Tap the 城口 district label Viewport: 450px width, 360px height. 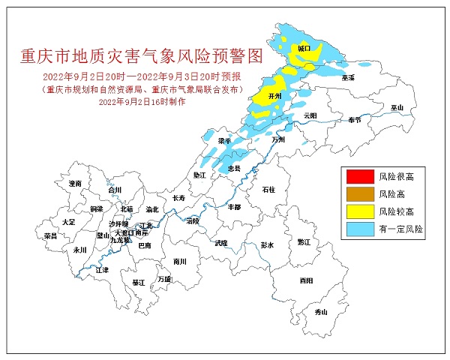pyautogui.click(x=304, y=47)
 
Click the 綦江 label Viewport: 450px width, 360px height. pyautogui.click(x=139, y=283)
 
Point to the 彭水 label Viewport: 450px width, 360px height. pyautogui.click(x=268, y=245)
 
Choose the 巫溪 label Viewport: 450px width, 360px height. pyautogui.click(x=347, y=77)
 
